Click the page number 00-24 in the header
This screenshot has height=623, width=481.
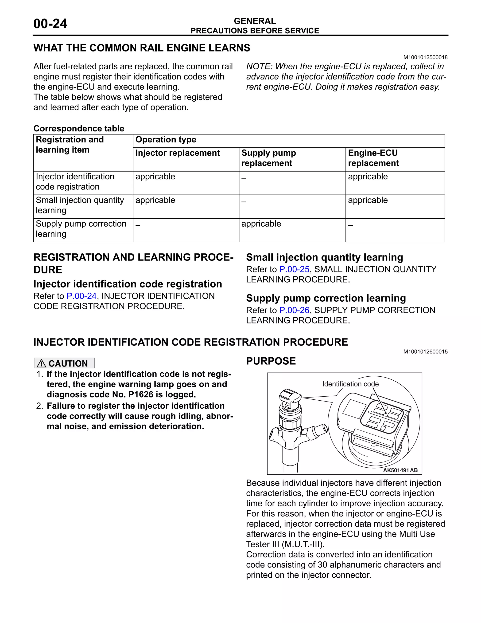[x=50, y=24]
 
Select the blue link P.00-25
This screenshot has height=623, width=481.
[x=294, y=269]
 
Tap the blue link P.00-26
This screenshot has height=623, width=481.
[x=294, y=310]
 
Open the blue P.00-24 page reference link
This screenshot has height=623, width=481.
[x=81, y=296]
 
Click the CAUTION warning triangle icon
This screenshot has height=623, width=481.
[x=42, y=363]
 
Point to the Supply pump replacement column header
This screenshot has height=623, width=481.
[x=268, y=158]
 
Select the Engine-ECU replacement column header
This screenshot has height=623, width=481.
[x=373, y=158]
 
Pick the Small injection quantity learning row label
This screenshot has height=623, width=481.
[x=80, y=205]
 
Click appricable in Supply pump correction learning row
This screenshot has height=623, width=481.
[x=261, y=224]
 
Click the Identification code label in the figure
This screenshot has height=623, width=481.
[x=350, y=384]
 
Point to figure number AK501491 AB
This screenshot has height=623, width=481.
[x=400, y=470]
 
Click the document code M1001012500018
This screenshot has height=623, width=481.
[x=425, y=57]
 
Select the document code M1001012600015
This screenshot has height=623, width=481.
[x=425, y=352]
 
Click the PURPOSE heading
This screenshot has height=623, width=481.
[x=271, y=361]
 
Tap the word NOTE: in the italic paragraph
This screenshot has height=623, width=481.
[x=259, y=67]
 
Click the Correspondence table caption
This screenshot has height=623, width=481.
[x=79, y=128]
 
